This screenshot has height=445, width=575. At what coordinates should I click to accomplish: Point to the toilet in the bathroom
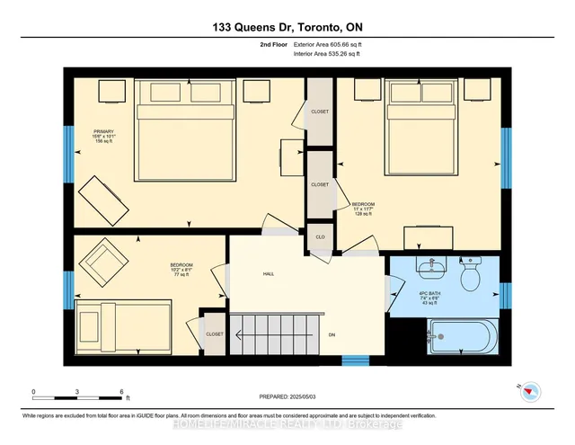click(x=469, y=276)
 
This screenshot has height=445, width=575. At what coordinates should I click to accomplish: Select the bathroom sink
click(x=432, y=267)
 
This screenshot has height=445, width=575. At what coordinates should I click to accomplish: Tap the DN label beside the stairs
click(x=332, y=334)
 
